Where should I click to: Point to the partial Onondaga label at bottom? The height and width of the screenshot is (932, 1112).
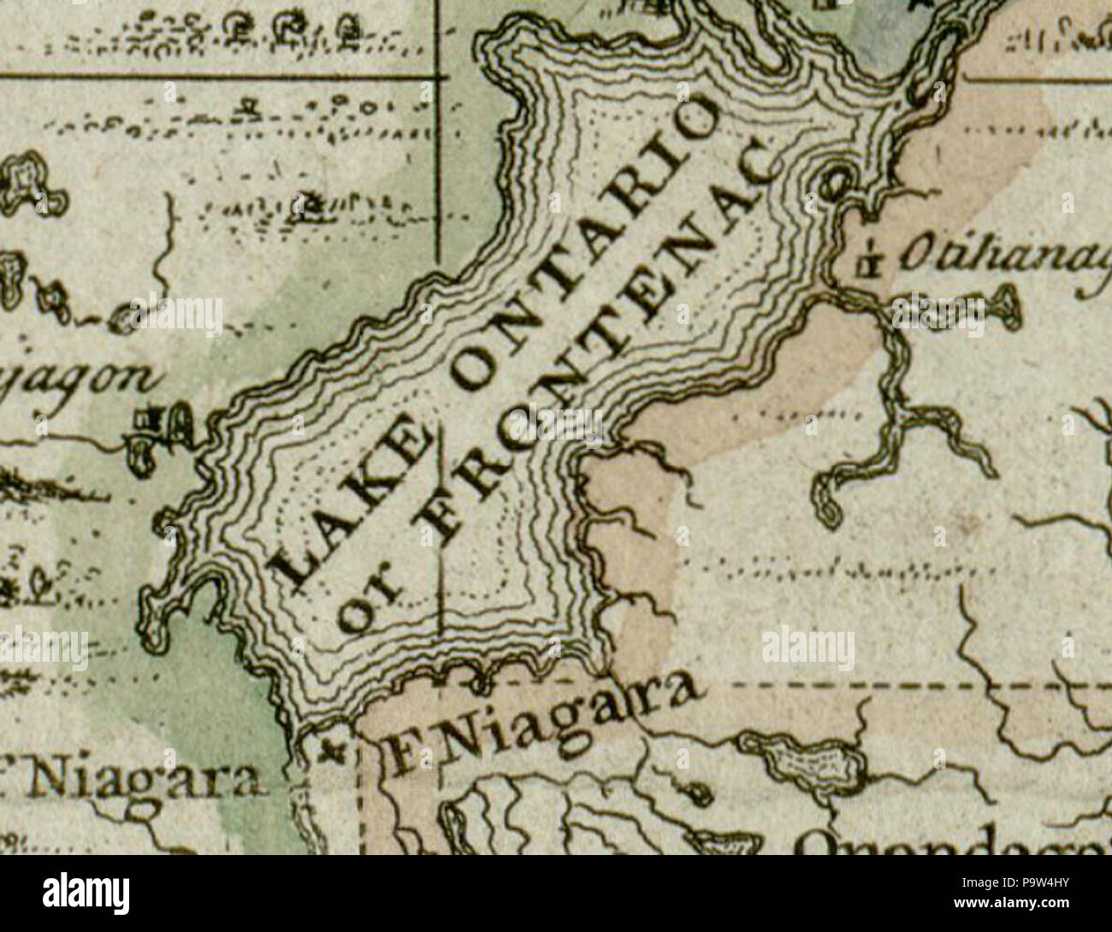pos(949,842)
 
